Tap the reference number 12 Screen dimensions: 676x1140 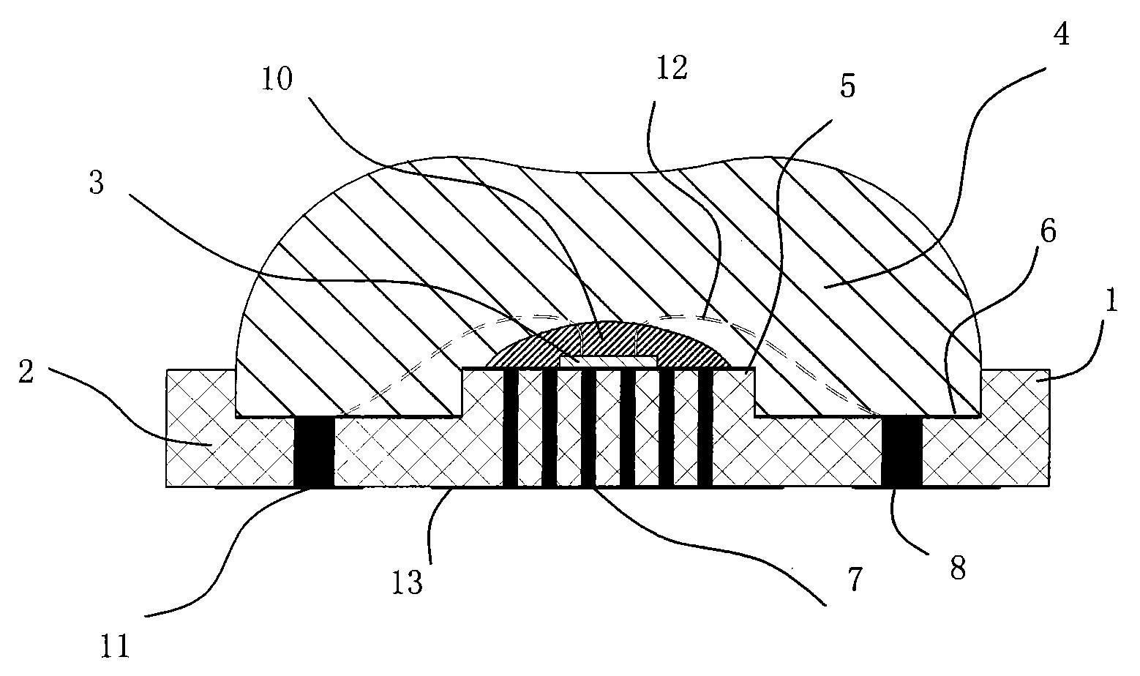point(672,68)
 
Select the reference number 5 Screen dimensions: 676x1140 point(847,87)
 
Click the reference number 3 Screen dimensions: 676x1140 point(97,184)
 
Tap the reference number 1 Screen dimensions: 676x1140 point(1111,301)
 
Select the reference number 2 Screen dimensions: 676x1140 point(26,372)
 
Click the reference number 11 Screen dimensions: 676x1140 point(114,645)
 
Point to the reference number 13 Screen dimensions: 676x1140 point(408,583)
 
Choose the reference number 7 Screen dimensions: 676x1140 point(855,580)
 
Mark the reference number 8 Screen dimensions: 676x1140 point(958,567)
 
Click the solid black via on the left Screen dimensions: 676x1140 point(314,451)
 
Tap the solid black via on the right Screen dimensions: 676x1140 point(902,451)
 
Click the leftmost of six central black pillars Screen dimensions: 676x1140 point(511,428)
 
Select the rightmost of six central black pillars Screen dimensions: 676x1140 point(705,428)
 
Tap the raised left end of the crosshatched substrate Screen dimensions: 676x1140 point(200,428)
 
